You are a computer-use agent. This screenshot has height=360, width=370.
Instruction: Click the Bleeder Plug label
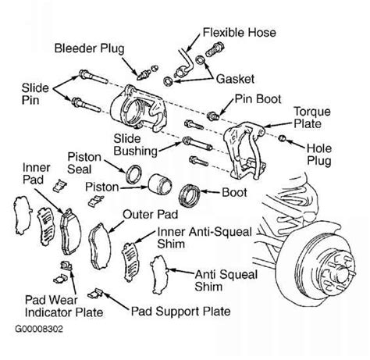pos(89,49)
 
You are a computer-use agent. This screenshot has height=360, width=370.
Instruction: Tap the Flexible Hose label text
pos(239,33)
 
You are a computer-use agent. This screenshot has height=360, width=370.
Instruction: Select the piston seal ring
pos(133,173)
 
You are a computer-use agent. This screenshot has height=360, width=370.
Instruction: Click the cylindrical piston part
pos(160,184)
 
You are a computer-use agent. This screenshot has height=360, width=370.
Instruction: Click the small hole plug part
pos(282,138)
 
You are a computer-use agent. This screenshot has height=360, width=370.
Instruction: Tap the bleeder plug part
pos(144,74)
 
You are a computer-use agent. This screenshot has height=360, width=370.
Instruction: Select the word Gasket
pos(235,79)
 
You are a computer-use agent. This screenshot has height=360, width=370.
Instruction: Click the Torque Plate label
pos(312,117)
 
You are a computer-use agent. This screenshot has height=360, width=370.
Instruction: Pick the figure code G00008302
pos(39,329)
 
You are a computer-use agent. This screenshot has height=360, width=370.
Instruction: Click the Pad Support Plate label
pos(180,312)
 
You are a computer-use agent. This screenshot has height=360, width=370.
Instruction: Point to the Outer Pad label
pos(150,215)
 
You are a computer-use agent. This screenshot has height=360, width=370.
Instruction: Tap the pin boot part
pos(212,116)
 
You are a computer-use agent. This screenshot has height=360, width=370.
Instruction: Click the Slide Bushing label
pos(135,144)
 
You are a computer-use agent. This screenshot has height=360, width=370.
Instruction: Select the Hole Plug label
pos(319,155)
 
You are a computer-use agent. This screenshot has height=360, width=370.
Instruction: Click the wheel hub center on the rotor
pos(342,273)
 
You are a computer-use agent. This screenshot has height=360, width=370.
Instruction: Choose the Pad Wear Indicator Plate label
pos(64,306)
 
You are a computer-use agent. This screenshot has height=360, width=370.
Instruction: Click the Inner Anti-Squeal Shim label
pos(205,238)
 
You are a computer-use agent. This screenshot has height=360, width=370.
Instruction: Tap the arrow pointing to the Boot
pos(210,192)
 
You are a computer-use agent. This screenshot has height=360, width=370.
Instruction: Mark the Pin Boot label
pos(258,99)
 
